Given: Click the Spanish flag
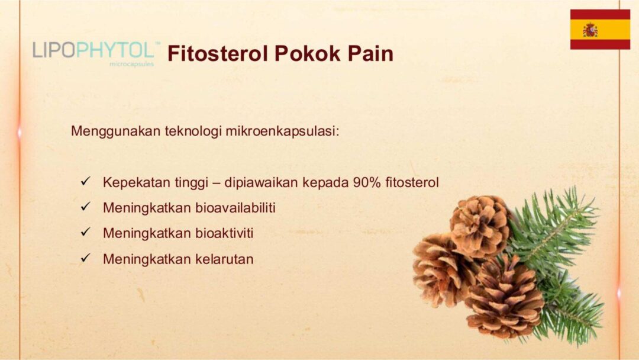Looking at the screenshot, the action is pos(600,30).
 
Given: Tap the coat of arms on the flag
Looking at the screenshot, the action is pos(590,30).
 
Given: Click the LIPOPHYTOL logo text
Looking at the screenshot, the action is pos(93,50).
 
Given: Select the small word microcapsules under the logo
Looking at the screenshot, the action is pos(131,64).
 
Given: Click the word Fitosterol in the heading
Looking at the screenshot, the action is pos(218,53).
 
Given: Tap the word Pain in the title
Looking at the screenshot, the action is pos(370,53).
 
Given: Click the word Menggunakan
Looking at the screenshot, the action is pos(116,131).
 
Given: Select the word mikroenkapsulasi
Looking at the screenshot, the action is pos(282,131).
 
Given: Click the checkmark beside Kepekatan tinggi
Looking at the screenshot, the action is pos(85,181).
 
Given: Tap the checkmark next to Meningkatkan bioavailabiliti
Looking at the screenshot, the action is pos(85,207).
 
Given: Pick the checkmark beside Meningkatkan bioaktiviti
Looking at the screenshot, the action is pos(85,232).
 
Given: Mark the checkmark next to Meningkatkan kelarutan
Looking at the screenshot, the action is pos(85,258).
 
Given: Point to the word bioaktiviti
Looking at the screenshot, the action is pos(225,233).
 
